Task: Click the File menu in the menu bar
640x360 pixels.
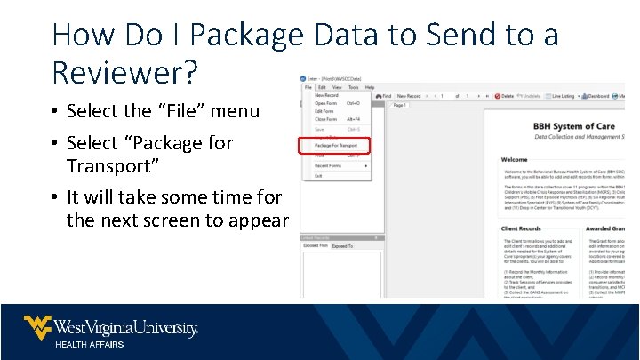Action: tap(308, 87)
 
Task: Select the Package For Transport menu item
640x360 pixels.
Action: tap(335, 145)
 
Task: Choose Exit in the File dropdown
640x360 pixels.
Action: tap(318, 176)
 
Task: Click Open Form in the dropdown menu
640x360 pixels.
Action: tap(325, 103)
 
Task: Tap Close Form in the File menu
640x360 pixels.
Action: tap(325, 119)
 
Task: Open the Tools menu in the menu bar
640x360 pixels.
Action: tap(353, 87)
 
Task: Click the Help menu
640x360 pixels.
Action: tap(369, 87)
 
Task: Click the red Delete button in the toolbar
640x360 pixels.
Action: tap(504, 96)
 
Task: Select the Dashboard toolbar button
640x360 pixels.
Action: tap(597, 96)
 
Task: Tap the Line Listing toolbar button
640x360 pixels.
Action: tap(561, 96)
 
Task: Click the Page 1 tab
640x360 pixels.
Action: tap(399, 105)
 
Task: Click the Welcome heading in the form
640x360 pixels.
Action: tap(514, 160)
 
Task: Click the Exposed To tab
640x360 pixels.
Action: tap(342, 246)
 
